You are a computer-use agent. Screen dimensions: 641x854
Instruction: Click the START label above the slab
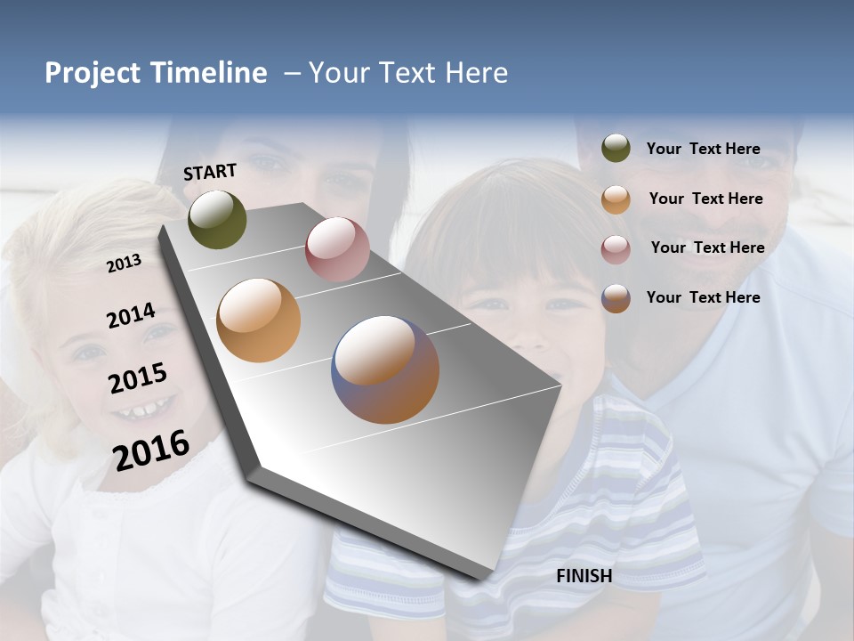210,172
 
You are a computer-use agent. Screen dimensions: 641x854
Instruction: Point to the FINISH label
584,576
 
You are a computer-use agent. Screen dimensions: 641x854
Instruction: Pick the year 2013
124,264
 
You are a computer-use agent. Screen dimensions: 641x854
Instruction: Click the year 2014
131,316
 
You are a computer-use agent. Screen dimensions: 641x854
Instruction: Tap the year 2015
138,379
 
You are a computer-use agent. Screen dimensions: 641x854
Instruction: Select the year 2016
151,450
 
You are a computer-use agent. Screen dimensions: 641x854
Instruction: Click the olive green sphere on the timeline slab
217,219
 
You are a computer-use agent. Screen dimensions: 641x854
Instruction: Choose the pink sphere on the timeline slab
337,249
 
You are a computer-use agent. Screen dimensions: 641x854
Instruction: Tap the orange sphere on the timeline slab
258,320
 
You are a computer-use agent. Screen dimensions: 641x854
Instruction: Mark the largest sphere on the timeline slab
385,369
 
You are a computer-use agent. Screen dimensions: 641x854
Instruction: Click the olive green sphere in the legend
616,149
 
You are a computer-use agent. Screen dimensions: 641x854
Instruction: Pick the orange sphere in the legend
616,199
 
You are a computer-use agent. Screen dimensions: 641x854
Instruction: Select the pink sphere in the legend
616,249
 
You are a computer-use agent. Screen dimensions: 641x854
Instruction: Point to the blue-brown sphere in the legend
616,298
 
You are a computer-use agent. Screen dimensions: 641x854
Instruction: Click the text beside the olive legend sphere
703,150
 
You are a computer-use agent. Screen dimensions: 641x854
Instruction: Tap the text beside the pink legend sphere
707,247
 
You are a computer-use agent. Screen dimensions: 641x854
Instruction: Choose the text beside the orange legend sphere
705,199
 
